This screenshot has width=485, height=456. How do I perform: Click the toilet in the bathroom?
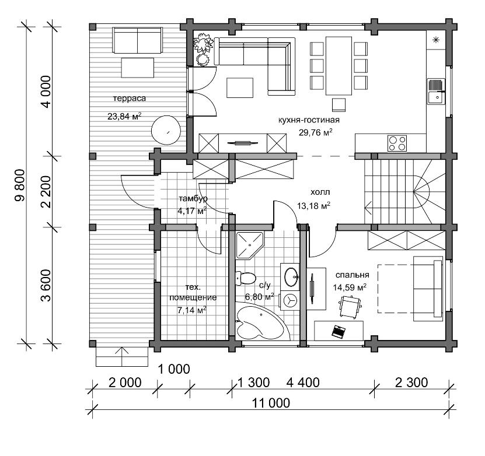tap(245, 279)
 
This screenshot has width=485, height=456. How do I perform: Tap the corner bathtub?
tap(260, 323)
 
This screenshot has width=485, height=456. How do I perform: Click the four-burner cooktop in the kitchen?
tap(397, 143)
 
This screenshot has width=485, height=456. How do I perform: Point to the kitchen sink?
tap(436, 92)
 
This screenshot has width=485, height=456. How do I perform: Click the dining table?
tap(339, 66)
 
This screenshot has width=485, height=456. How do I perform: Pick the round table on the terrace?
tap(166, 130)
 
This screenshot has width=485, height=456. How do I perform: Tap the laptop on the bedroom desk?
tap(338, 331)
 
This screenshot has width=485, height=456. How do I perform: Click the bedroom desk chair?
tap(350, 306)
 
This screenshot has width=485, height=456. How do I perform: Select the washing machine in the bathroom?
tap(290, 300)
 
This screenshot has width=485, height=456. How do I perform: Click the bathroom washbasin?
tap(291, 277)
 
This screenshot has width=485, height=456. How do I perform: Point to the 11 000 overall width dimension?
tap(271, 403)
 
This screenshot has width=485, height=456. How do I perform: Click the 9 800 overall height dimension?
tap(20, 185)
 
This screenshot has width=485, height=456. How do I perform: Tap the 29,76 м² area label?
tap(316, 132)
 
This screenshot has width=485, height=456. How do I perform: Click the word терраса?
tap(130, 99)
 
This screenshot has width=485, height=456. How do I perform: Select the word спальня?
tap(353, 275)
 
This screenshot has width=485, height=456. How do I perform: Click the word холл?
tap(320, 192)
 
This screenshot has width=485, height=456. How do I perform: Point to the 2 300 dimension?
tap(411, 383)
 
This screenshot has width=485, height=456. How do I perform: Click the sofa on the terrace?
tap(137, 40)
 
